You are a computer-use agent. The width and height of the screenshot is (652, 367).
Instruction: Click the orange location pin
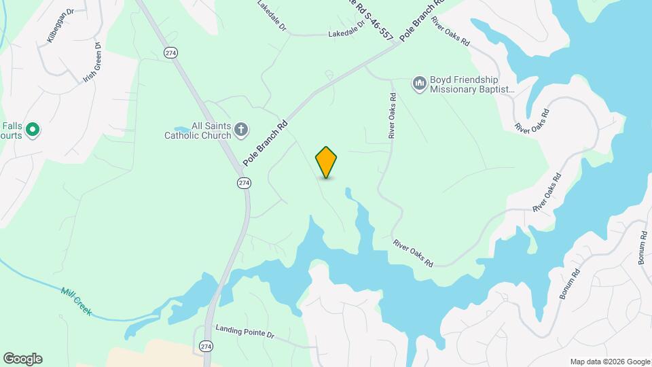click(x=326, y=162)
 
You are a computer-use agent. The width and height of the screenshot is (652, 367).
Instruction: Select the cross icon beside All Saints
click(x=241, y=130)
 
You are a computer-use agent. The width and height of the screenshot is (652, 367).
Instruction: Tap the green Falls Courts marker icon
click(x=32, y=129)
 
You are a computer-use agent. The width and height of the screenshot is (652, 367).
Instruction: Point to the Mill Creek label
click(x=75, y=301)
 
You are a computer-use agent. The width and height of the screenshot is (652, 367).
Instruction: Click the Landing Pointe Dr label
click(x=244, y=332)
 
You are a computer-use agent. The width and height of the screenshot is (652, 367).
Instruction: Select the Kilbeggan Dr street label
click(x=60, y=27)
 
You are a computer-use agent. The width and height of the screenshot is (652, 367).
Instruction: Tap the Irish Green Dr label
click(x=92, y=63)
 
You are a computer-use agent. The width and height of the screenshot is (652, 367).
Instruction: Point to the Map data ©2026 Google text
click(x=610, y=362)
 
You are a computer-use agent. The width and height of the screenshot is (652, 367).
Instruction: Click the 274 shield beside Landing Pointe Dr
click(x=206, y=346)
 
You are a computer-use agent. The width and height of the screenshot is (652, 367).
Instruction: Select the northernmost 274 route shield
click(x=170, y=52)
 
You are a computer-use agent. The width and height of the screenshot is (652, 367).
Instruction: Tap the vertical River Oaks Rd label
click(x=392, y=116)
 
